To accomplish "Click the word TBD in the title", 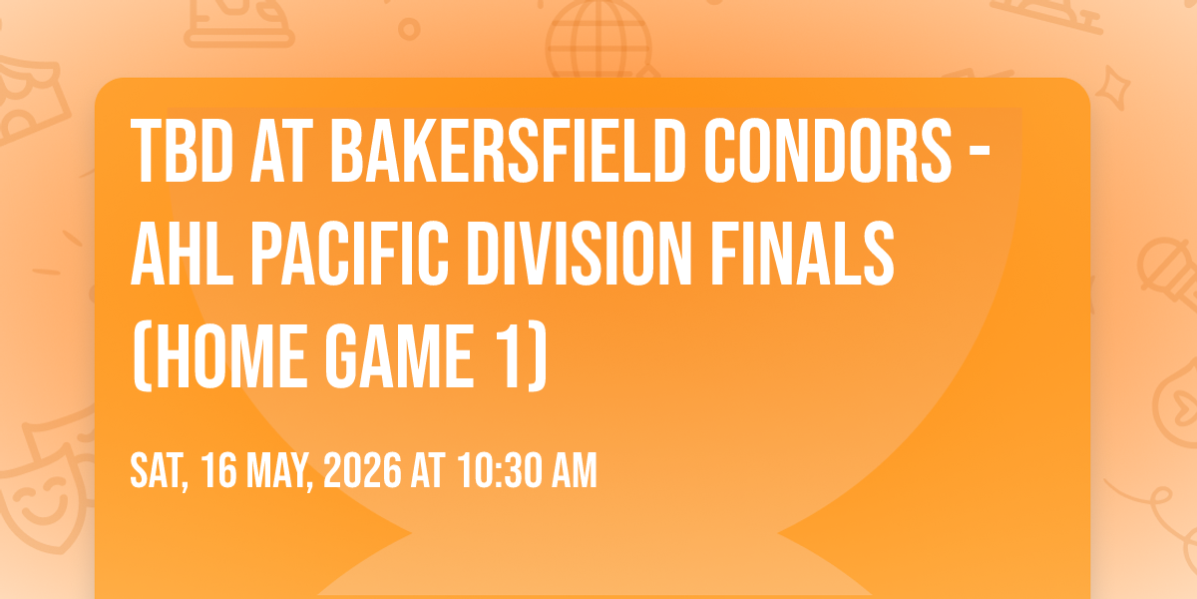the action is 183,151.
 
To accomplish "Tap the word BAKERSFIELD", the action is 508,151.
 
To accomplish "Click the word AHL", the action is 183,254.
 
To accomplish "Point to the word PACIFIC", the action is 350,254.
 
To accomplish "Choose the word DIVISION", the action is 580,254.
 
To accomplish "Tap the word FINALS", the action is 802,254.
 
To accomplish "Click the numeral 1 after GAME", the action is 508,356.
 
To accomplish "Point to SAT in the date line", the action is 160,471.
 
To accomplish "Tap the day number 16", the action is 219,470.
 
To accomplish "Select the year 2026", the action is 362,470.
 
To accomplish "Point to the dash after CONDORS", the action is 980,154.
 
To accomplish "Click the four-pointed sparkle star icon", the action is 1113,88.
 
